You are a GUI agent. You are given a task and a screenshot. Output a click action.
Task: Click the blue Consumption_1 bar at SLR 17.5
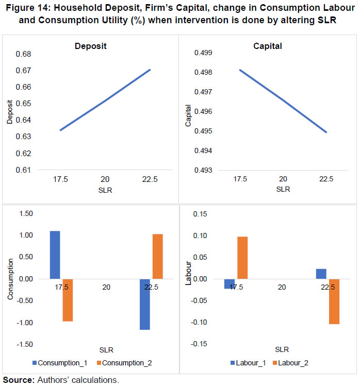click(x=55, y=255)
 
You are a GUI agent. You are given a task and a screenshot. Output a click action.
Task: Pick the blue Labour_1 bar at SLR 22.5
click(x=321, y=274)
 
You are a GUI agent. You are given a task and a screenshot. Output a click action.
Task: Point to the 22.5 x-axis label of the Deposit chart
click(x=149, y=180)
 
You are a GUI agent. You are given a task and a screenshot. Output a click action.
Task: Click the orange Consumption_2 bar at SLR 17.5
click(x=68, y=300)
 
